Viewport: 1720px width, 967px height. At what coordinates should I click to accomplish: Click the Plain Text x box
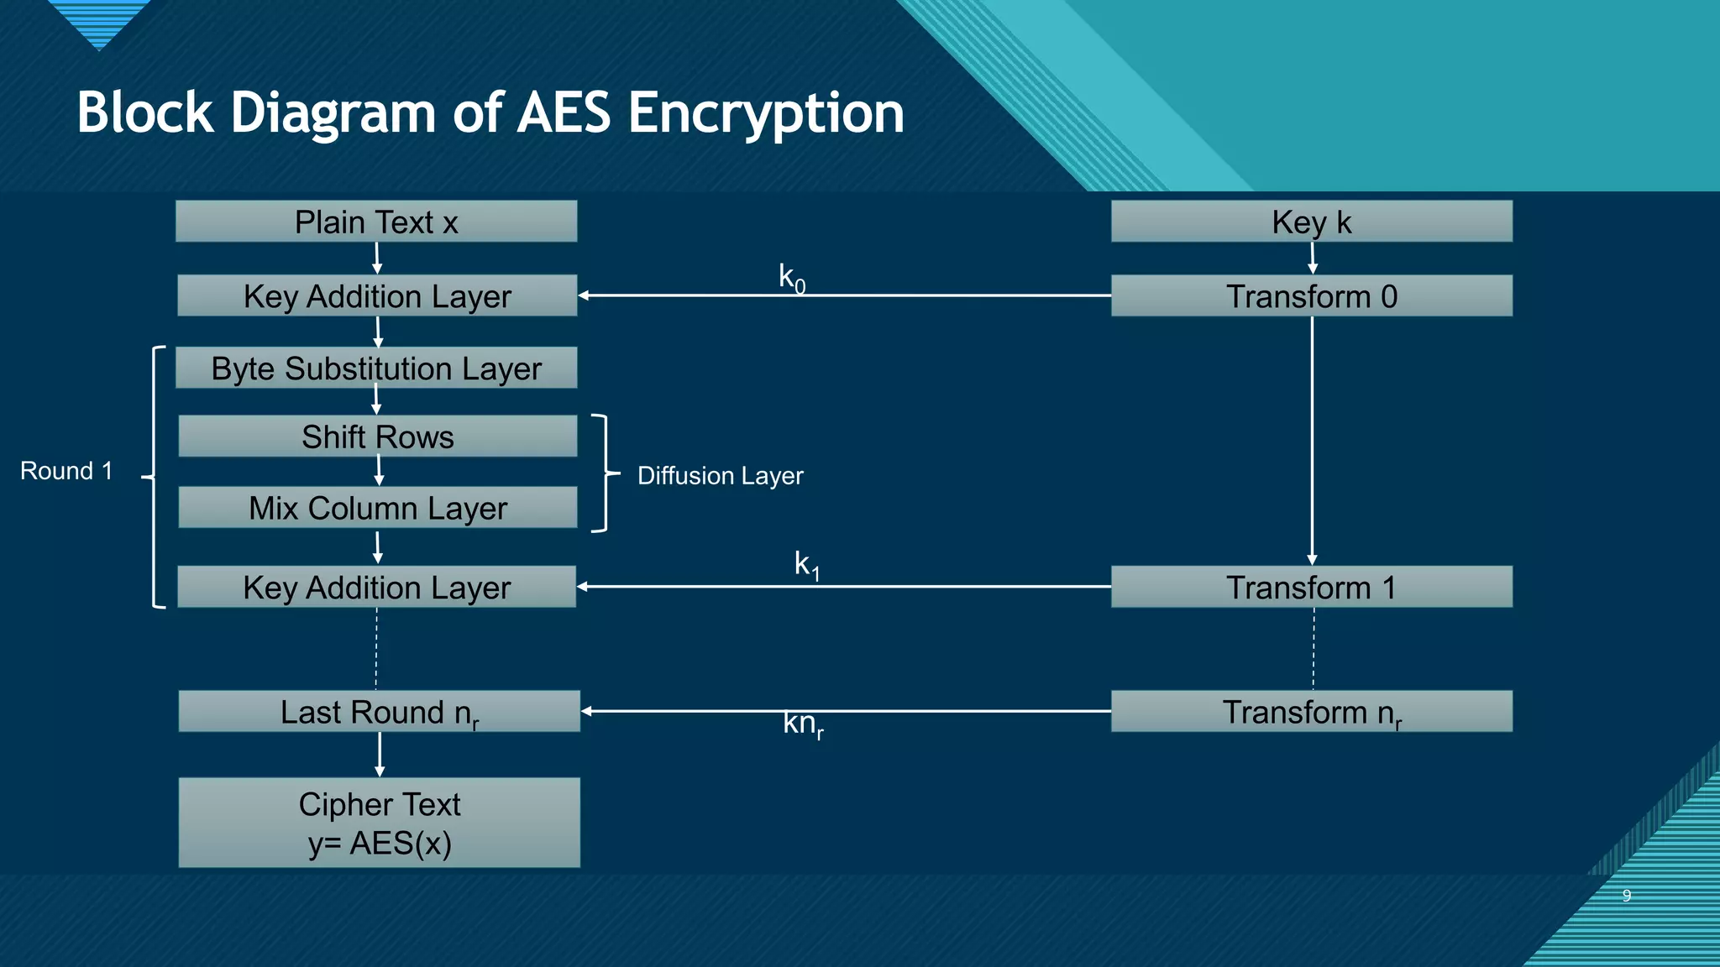[376, 222]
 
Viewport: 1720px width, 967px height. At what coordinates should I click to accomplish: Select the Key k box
[1311, 222]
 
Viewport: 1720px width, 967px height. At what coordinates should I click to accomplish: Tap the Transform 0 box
[1311, 296]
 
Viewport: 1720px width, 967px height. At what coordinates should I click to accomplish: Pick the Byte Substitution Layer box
[376, 369]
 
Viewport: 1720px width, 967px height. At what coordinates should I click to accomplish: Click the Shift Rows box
[378, 436]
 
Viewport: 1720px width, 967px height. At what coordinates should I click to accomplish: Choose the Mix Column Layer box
[378, 508]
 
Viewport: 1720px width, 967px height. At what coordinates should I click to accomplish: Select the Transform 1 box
[1311, 587]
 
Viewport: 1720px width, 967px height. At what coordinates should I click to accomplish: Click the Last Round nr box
[379, 712]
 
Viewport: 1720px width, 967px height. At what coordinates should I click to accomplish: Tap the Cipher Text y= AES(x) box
[379, 823]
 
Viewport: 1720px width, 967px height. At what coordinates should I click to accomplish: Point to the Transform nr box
[1311, 712]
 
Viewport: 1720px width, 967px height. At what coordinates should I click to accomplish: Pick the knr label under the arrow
[803, 724]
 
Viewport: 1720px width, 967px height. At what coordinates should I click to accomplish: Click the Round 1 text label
[66, 471]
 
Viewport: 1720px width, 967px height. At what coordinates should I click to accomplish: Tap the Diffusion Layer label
[720, 476]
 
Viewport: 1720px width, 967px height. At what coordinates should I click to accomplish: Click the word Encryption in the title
[765, 112]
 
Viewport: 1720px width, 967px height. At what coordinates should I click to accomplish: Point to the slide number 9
[1626, 896]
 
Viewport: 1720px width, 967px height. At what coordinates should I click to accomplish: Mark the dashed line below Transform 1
[1314, 648]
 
